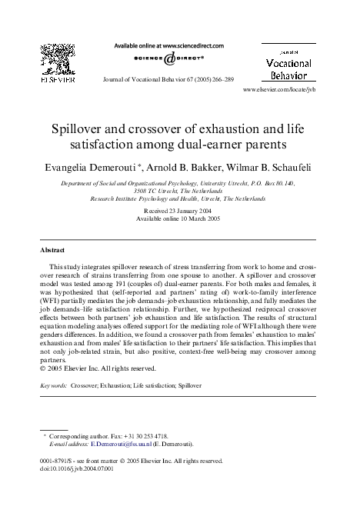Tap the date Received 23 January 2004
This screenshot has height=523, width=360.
click(179, 209)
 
